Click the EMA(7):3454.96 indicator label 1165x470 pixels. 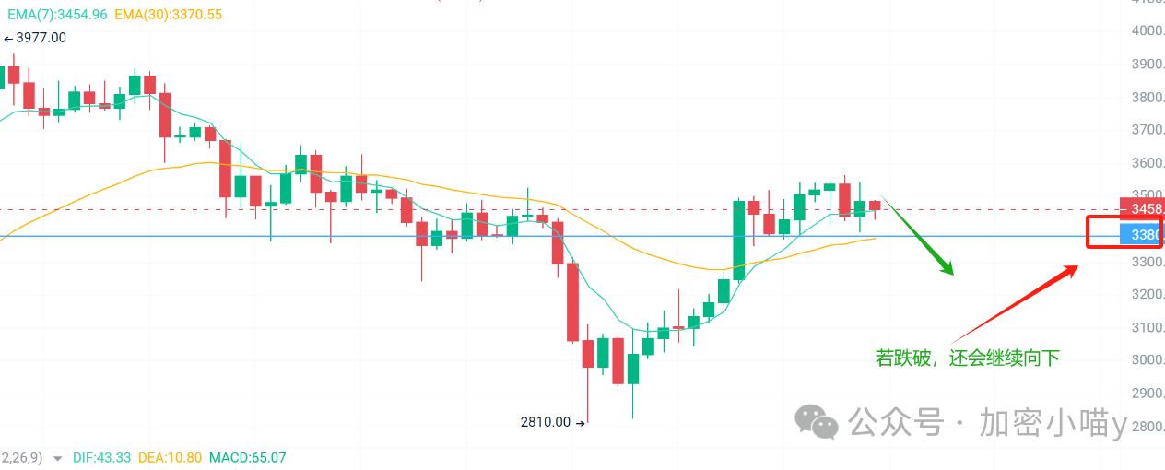coord(57,15)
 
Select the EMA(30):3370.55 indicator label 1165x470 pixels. coord(169,15)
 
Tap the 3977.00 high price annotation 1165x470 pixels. coord(36,38)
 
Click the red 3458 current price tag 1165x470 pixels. coord(1142,209)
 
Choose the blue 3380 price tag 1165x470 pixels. coord(1142,235)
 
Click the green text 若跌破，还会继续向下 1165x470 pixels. coord(967,358)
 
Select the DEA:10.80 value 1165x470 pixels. coord(172,457)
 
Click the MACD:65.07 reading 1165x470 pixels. coord(247,457)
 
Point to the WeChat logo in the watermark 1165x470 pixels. coord(818,423)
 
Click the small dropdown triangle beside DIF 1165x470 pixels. coord(58,458)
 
